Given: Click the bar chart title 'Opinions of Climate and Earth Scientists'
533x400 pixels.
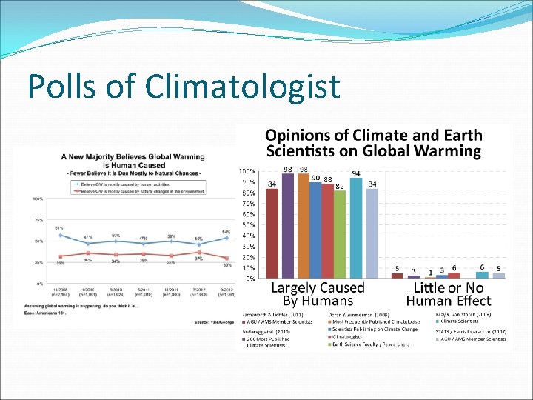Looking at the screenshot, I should (x=373, y=144).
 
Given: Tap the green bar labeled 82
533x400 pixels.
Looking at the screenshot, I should (x=340, y=234).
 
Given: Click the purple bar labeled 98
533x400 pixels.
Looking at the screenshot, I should (x=288, y=225).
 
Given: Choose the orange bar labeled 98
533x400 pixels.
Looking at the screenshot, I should (x=303, y=225).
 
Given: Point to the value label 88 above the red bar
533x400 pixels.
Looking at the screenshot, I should (x=327, y=179).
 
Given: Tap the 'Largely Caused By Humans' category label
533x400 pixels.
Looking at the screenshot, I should (x=317, y=293).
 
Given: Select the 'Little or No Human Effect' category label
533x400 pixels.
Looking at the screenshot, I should (x=448, y=293).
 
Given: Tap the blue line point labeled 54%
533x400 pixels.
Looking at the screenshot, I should (x=227, y=238).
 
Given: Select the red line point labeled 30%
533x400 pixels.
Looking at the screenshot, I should (x=227, y=259).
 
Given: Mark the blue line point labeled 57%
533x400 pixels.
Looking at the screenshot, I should (x=60, y=235).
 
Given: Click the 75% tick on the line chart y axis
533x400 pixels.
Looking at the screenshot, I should (x=37, y=220).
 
